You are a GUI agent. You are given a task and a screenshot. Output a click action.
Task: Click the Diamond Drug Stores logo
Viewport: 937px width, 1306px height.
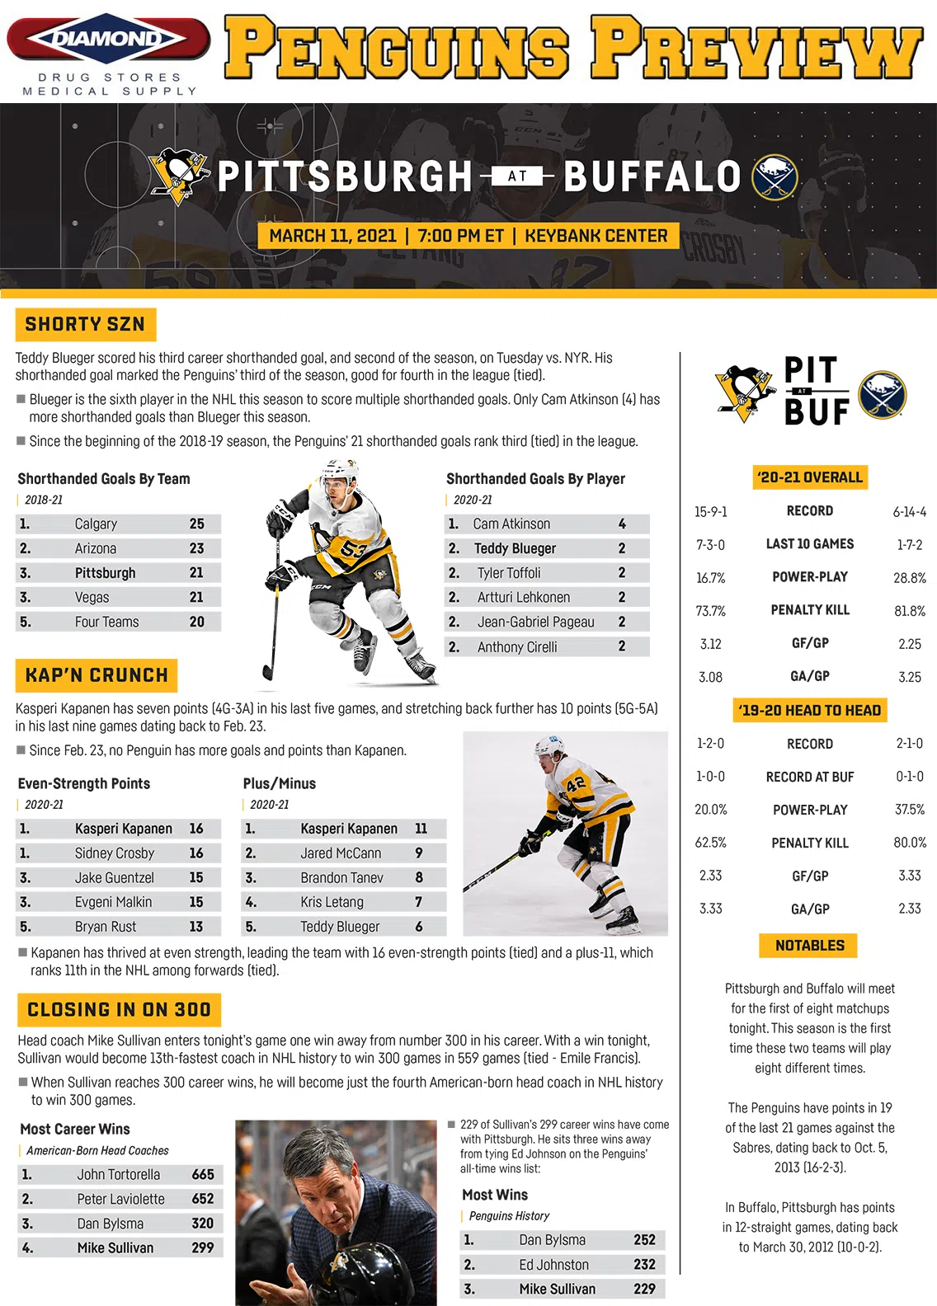pos(107,40)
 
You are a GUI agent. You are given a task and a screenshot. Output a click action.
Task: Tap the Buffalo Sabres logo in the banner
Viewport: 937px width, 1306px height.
pos(775,177)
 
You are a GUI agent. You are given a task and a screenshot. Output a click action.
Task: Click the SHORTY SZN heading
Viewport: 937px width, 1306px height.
pos(85,324)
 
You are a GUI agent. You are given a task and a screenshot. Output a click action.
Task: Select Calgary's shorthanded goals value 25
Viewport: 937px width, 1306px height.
pos(196,524)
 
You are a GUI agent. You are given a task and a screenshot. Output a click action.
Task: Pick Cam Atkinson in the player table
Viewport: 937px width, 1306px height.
pos(511,524)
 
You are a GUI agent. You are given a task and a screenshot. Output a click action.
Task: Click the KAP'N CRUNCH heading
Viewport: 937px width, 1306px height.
pos(97,675)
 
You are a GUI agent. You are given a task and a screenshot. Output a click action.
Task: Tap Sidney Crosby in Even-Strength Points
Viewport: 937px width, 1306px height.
pos(115,853)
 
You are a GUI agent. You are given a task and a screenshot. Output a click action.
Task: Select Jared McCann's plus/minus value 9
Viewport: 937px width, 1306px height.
pos(419,853)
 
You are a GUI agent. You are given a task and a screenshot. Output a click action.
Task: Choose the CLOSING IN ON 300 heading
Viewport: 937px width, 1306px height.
pos(119,1009)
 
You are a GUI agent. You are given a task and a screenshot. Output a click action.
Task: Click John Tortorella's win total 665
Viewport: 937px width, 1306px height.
pos(203,1174)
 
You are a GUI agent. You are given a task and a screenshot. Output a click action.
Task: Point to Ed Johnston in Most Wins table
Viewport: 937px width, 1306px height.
pos(553,1265)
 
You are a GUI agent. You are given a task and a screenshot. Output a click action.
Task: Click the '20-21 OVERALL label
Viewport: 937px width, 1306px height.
pos(810,477)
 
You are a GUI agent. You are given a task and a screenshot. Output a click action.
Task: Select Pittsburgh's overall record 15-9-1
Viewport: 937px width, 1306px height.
pos(710,512)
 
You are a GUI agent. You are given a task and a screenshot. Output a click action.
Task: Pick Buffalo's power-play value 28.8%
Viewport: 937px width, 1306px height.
pos(909,578)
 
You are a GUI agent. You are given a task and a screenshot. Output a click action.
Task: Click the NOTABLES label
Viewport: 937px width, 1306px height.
pos(809,946)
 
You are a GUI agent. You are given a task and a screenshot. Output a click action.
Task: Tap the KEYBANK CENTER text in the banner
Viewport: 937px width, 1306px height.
pos(596,236)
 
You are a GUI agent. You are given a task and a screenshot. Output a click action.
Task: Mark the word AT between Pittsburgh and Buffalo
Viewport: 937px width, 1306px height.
pos(517,176)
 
